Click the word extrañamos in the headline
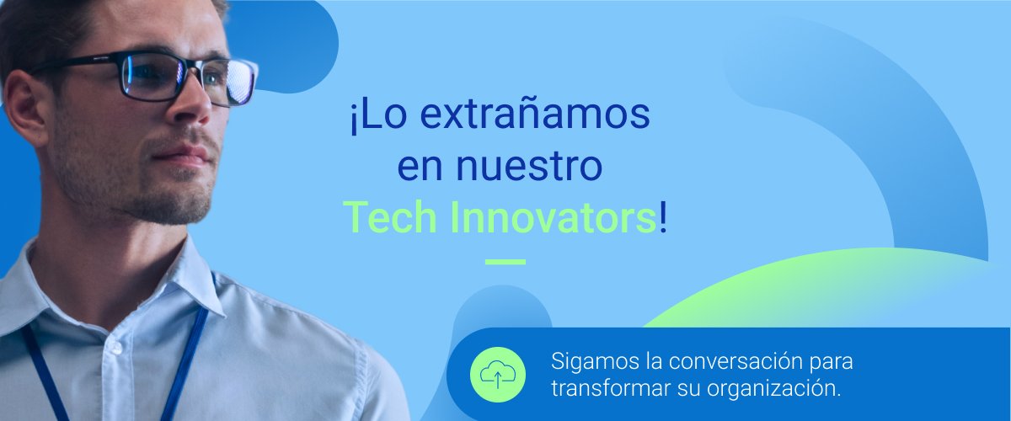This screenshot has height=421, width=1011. tap(535, 115)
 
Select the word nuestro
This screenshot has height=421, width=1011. tap(529, 166)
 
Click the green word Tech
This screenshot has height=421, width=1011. tap(390, 217)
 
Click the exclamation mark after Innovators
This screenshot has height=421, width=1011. tap(662, 217)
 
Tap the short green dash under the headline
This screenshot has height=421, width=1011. tap(505, 262)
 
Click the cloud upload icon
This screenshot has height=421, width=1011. tap(498, 375)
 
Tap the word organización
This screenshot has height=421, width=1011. tap(773, 389)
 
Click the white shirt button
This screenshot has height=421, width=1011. tap(116, 348)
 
